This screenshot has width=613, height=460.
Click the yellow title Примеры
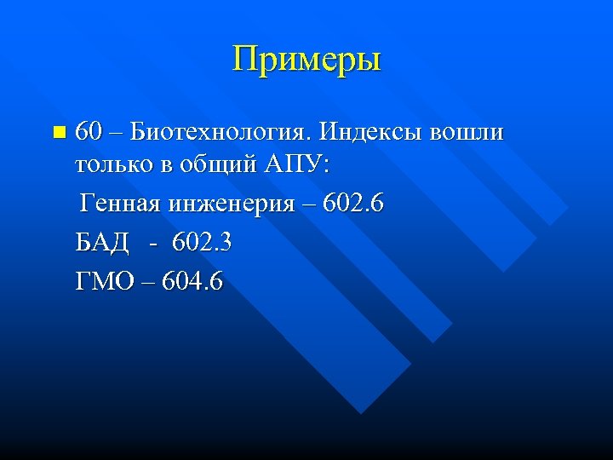(x=306, y=60)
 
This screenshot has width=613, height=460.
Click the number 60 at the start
(x=89, y=133)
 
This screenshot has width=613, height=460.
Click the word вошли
(x=467, y=133)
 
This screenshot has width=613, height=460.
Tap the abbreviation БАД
(x=102, y=243)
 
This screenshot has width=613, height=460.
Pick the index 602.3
(x=202, y=243)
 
